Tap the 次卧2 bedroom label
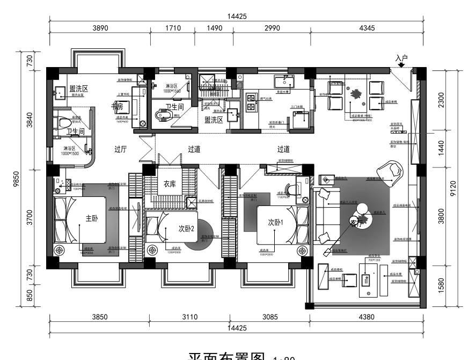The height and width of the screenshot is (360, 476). pyautogui.click(x=186, y=228)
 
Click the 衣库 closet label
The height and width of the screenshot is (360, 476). pyautogui.click(x=170, y=183)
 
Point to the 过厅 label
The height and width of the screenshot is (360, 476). pyautogui.click(x=120, y=150)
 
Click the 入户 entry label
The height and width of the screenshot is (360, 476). pyautogui.click(x=402, y=57)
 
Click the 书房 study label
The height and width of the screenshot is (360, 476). pyautogui.click(x=118, y=106)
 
